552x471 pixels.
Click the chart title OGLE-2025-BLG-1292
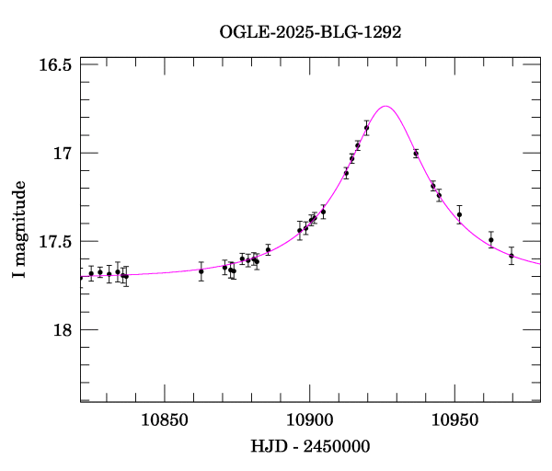(310, 31)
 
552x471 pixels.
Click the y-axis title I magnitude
(19, 229)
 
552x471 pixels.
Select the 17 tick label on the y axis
(62, 154)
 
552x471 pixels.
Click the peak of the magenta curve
(386, 106)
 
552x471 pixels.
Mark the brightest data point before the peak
(366, 128)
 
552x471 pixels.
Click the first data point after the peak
(416, 154)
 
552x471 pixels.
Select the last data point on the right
(512, 256)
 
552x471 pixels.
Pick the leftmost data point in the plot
(91, 273)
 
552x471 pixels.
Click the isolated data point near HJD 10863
(201, 270)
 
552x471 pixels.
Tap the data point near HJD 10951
(459, 214)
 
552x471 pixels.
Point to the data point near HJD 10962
(491, 240)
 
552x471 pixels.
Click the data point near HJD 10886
(268, 249)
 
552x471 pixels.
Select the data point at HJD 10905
(323, 212)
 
